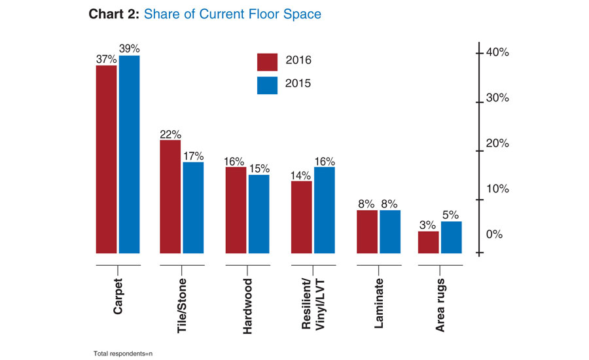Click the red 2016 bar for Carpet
pos(106,159)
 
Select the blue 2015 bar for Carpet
pos(129,154)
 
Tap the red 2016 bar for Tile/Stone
pos(170,196)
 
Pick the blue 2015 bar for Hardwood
pos(259,213)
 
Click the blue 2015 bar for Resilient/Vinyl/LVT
pos(324,209)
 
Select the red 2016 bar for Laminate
pos(366,231)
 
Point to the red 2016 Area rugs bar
pos(428,242)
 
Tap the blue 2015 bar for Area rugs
pos(451,237)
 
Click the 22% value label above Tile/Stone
pos(171,134)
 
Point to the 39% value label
pos(129,48)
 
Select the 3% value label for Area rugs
pos(428,225)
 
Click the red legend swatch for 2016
pos(267,61)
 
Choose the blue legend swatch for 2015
pos(267,84)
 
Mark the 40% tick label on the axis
pos(496,52)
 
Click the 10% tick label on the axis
pos(496,189)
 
